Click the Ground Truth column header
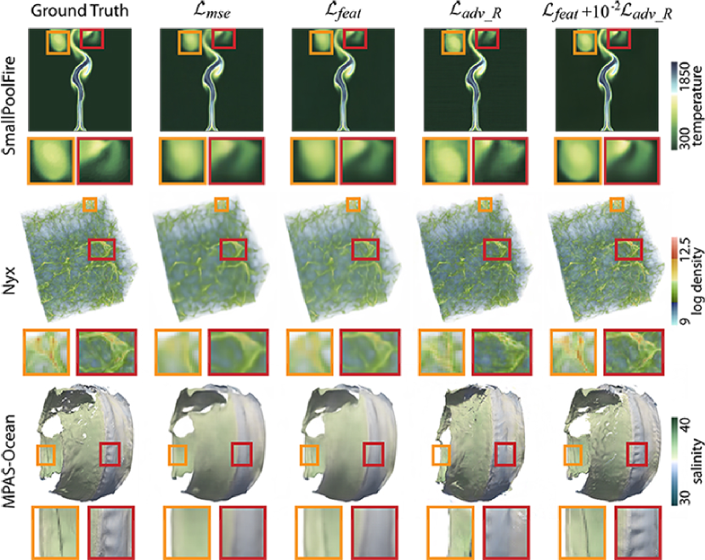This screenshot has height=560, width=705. pyautogui.click(x=80, y=10)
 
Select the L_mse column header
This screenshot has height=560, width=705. pyautogui.click(x=211, y=11)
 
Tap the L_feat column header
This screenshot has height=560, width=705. pyautogui.click(x=343, y=11)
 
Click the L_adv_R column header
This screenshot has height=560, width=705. pyautogui.click(x=476, y=11)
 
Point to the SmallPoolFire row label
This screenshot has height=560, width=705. pyautogui.click(x=9, y=105)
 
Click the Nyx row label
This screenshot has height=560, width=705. pyautogui.click(x=9, y=280)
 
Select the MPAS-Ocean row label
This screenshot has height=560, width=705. pyautogui.click(x=8, y=461)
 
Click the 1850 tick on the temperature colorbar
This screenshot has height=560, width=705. pyautogui.click(x=685, y=77)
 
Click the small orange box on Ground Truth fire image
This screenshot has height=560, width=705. pyautogui.click(x=58, y=42)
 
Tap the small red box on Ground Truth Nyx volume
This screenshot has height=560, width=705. pyautogui.click(x=102, y=250)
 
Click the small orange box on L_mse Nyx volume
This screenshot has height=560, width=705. pyautogui.click(x=222, y=204)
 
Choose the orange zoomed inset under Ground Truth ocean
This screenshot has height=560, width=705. pyautogui.click(x=56, y=533)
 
